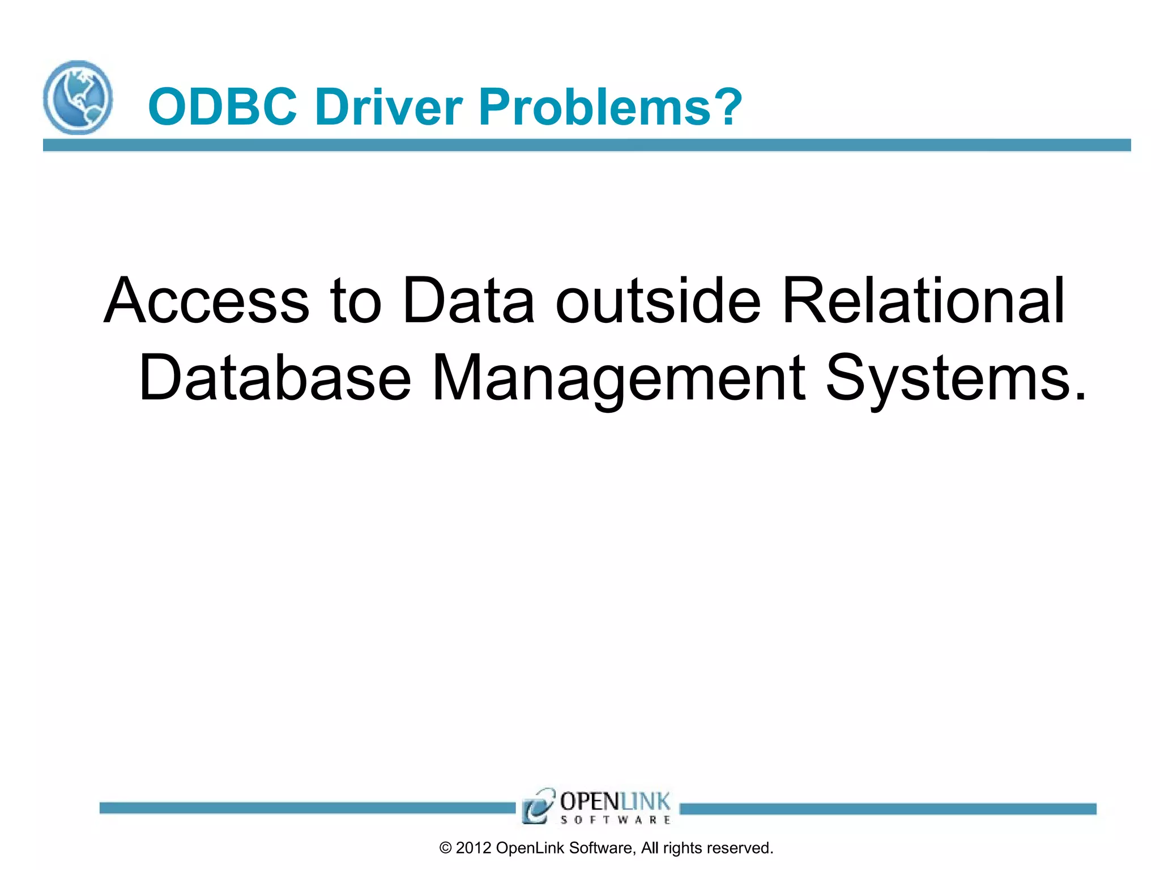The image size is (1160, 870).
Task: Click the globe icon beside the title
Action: pos(78,97)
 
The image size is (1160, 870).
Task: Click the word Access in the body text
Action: pos(206,301)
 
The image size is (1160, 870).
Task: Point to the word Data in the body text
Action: pos(468,301)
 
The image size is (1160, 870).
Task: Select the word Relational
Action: pos(923,301)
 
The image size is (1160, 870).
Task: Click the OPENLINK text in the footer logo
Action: pos(615,801)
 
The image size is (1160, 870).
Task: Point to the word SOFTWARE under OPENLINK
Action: pos(615,820)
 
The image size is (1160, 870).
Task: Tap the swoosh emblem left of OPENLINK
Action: pos(537,806)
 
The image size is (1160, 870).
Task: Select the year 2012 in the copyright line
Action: pos(473,848)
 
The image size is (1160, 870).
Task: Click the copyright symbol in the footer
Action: pos(446,848)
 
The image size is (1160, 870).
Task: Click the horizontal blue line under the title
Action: pos(587,145)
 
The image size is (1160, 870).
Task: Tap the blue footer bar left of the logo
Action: pos(306,808)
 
